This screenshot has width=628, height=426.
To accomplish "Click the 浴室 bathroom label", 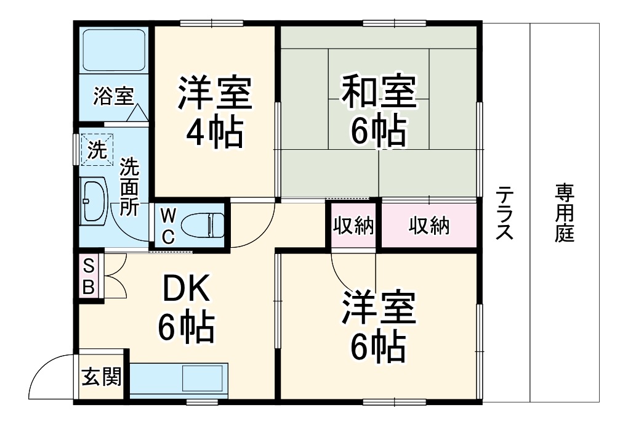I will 113,96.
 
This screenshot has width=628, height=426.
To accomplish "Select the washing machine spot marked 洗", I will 97,150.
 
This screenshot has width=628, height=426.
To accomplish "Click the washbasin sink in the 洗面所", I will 94,200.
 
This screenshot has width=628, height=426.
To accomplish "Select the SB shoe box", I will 89,276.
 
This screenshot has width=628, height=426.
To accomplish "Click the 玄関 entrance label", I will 102,375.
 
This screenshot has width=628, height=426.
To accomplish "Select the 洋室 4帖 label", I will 214,112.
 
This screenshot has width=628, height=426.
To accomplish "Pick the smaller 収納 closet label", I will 353,226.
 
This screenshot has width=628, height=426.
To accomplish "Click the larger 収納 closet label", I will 429,226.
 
